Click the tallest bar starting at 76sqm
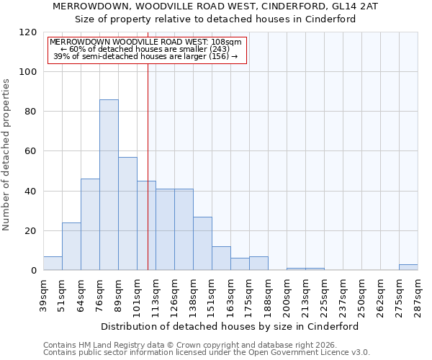click(109, 185)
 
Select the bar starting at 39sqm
click(53, 264)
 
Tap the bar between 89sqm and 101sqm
click(127, 214)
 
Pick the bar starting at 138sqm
click(202, 243)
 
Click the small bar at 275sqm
click(408, 267)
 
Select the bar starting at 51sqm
click(71, 246)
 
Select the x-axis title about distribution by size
click(230, 326)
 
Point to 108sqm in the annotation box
click(226, 42)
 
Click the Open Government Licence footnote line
click(207, 353)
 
